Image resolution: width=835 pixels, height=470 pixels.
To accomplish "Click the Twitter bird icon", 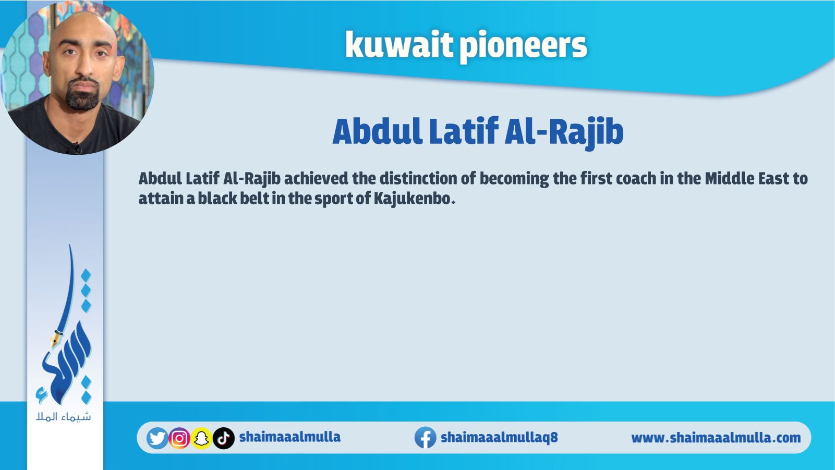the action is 157,438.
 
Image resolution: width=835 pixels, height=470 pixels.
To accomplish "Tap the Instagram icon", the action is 179,438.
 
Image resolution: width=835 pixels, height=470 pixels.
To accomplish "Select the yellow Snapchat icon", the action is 201,438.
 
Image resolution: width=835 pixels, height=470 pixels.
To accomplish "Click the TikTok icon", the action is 224,438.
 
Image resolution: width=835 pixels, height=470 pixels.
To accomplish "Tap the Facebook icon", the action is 426,438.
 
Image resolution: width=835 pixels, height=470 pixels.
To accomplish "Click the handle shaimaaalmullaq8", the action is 499,437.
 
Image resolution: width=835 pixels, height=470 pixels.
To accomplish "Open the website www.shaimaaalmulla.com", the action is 716,438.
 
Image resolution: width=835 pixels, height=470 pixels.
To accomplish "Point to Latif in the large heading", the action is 464,131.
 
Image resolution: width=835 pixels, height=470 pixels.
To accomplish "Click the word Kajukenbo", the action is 412,199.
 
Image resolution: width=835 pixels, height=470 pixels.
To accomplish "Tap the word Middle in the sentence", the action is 730,179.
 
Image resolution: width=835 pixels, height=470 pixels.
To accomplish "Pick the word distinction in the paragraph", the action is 421,179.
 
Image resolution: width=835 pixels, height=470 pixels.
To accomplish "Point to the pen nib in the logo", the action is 56,339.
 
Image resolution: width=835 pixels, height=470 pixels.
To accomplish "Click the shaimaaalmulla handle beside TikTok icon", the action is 289,437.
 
